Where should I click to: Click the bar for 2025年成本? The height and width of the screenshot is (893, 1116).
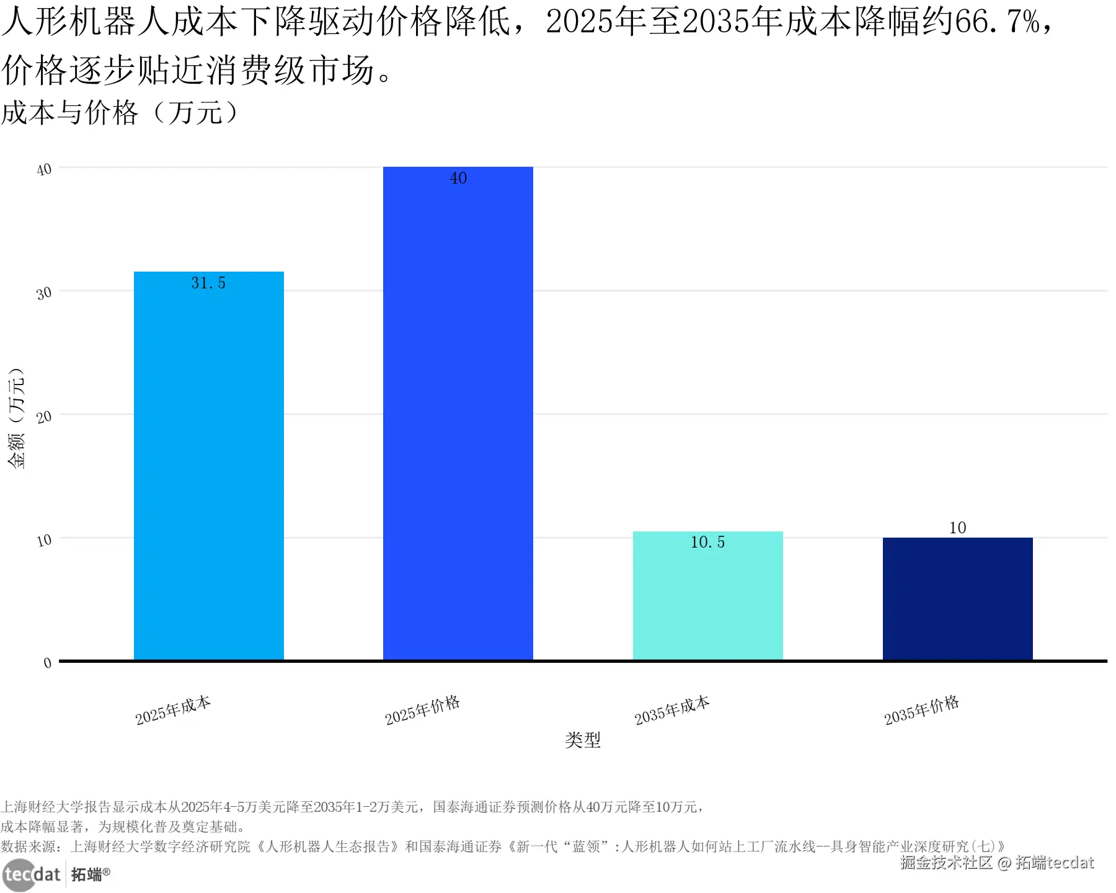click(x=208, y=465)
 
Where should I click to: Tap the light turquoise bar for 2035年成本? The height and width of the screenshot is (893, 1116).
click(x=707, y=595)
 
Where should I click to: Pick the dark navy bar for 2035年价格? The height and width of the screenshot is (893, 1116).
click(x=957, y=598)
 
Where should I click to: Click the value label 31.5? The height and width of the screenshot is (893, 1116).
click(x=208, y=283)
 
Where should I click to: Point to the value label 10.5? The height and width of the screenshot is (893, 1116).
click(x=707, y=543)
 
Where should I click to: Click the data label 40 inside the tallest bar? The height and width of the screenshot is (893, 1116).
click(x=458, y=179)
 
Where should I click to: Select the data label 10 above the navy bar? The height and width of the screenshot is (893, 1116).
click(x=957, y=528)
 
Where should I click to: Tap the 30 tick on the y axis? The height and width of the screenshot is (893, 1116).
click(x=44, y=293)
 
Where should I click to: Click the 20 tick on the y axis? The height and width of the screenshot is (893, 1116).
click(x=44, y=417)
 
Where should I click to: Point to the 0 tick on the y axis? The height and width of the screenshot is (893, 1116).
click(x=48, y=663)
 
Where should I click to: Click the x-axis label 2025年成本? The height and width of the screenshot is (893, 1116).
click(x=173, y=711)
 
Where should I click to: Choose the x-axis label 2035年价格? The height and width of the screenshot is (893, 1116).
click(x=921, y=711)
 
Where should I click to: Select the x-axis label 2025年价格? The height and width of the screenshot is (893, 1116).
click(x=422, y=711)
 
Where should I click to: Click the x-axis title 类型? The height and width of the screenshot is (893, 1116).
click(x=582, y=740)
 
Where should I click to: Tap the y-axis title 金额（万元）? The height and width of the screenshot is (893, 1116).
click(x=17, y=419)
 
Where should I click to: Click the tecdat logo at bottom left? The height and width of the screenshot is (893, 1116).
click(x=32, y=874)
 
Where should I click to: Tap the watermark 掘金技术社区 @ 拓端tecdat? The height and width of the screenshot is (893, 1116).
click(x=996, y=863)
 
